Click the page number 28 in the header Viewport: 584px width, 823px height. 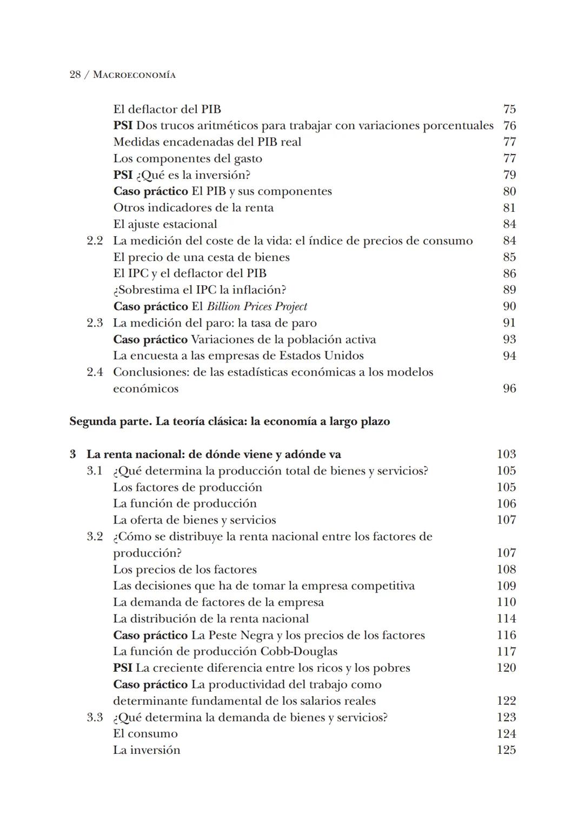click(76, 75)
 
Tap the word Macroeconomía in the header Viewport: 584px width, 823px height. click(134, 75)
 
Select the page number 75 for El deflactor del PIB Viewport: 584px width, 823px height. click(509, 109)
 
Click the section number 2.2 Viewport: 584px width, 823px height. click(95, 241)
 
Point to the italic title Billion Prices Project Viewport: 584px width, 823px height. click(257, 306)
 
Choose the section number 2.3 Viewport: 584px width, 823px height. click(95, 323)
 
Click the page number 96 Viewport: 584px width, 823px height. click(509, 389)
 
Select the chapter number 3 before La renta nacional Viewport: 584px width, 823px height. click(73, 454)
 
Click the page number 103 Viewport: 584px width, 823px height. click(506, 454)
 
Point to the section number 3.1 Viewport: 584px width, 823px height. click(95, 471)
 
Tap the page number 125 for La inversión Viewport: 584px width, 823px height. click(506, 750)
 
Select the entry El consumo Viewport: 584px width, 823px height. click(145, 734)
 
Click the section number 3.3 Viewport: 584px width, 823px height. click(95, 717)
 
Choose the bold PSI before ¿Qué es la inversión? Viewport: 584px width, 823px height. click(123, 175)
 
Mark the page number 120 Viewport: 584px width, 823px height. click(506, 668)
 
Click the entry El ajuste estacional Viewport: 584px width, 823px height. click(165, 224)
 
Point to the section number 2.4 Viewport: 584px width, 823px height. click(95, 372)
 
